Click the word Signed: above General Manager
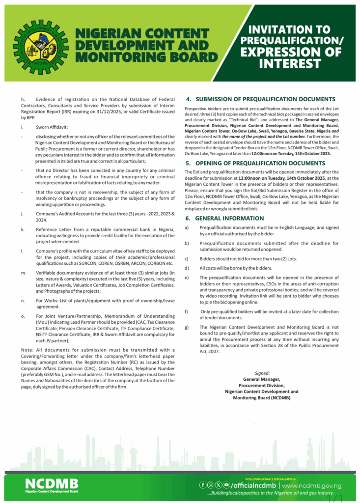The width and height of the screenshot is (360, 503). [x=262, y=373]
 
